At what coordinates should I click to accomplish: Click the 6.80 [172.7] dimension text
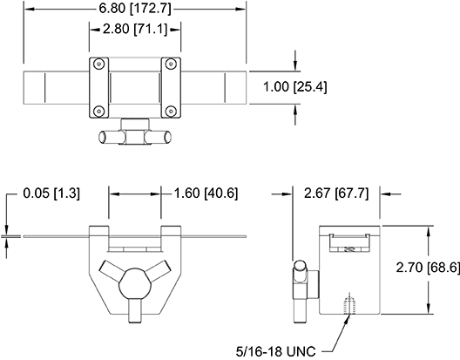(x=135, y=9)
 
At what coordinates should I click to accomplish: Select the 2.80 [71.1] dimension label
(x=135, y=30)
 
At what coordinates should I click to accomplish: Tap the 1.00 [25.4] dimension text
(x=294, y=87)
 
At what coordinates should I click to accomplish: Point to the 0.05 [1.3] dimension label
(x=51, y=194)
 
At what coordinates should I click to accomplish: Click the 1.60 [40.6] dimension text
(x=206, y=194)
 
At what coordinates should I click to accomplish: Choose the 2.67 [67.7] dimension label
(x=336, y=194)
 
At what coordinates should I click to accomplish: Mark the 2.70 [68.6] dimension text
(x=428, y=268)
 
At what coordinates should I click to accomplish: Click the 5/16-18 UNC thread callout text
(x=276, y=351)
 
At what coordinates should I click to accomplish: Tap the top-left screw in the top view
(x=98, y=64)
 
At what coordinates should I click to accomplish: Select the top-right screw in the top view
(x=171, y=64)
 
